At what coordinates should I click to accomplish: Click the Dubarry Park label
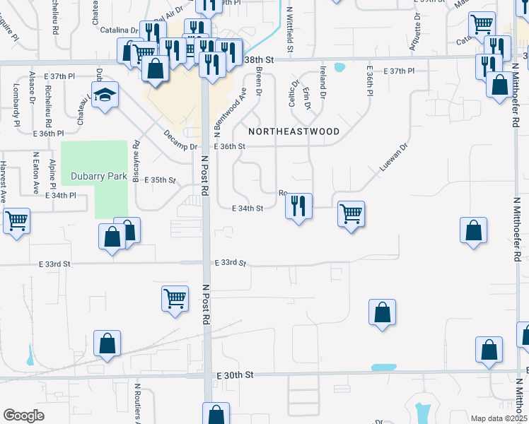(98, 175)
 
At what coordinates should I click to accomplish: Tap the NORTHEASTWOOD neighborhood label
(293, 131)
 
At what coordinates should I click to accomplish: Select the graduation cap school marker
(105, 96)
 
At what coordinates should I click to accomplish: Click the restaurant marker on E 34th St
(298, 206)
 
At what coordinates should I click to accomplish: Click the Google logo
(23, 416)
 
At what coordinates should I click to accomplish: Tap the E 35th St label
(159, 180)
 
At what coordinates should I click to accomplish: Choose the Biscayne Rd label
(136, 160)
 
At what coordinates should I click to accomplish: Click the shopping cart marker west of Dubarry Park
(16, 220)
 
